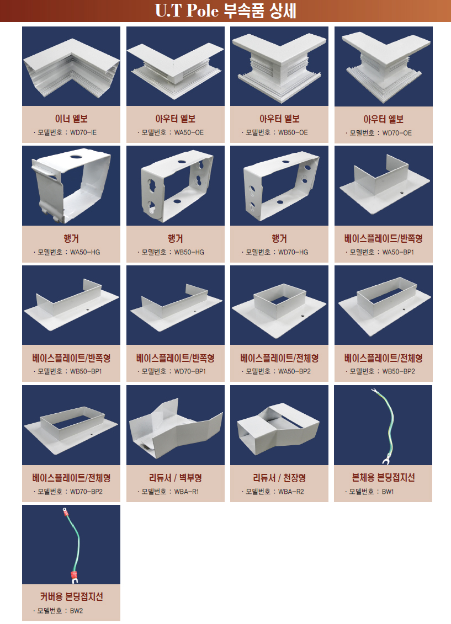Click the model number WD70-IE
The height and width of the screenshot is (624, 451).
pos(83,132)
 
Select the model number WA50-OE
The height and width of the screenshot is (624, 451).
pos(189,132)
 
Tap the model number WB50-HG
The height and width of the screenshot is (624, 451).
pos(189,252)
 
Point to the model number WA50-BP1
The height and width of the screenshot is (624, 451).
pos(398,252)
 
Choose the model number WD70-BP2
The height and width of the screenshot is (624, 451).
pos(86,492)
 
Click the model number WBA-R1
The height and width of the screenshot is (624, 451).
pos(186,492)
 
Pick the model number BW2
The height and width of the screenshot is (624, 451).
pos(76,610)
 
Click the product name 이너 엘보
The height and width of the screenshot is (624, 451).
pos(71,119)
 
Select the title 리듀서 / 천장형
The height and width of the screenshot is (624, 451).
pos(279,478)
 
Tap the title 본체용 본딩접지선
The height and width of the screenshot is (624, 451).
pos(383,477)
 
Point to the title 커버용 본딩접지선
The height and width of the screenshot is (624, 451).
pos(71,596)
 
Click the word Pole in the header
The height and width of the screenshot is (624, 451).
pos(203,10)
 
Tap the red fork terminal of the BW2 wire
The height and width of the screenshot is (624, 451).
pos(73,577)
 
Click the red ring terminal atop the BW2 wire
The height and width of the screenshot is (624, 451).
pos(64,511)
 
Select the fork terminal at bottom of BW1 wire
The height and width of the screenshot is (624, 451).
pos(385,460)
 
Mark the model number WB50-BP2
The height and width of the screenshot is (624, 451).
pos(399,371)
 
